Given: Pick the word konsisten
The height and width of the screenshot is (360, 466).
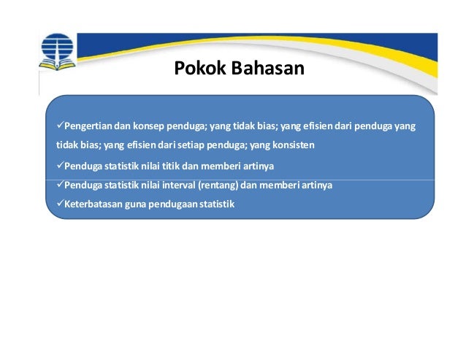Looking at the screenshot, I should [293, 145].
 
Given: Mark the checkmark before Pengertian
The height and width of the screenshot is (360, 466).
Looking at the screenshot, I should [59, 126].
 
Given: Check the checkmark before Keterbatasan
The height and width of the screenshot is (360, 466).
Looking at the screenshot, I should [59, 204].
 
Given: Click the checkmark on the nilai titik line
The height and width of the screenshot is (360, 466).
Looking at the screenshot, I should [59, 166].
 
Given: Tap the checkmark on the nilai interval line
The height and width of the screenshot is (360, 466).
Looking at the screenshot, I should [59, 185].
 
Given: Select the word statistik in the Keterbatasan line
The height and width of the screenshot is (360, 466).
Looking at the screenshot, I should [218, 204].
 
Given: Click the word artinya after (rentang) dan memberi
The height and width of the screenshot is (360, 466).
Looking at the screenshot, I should [316, 185].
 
